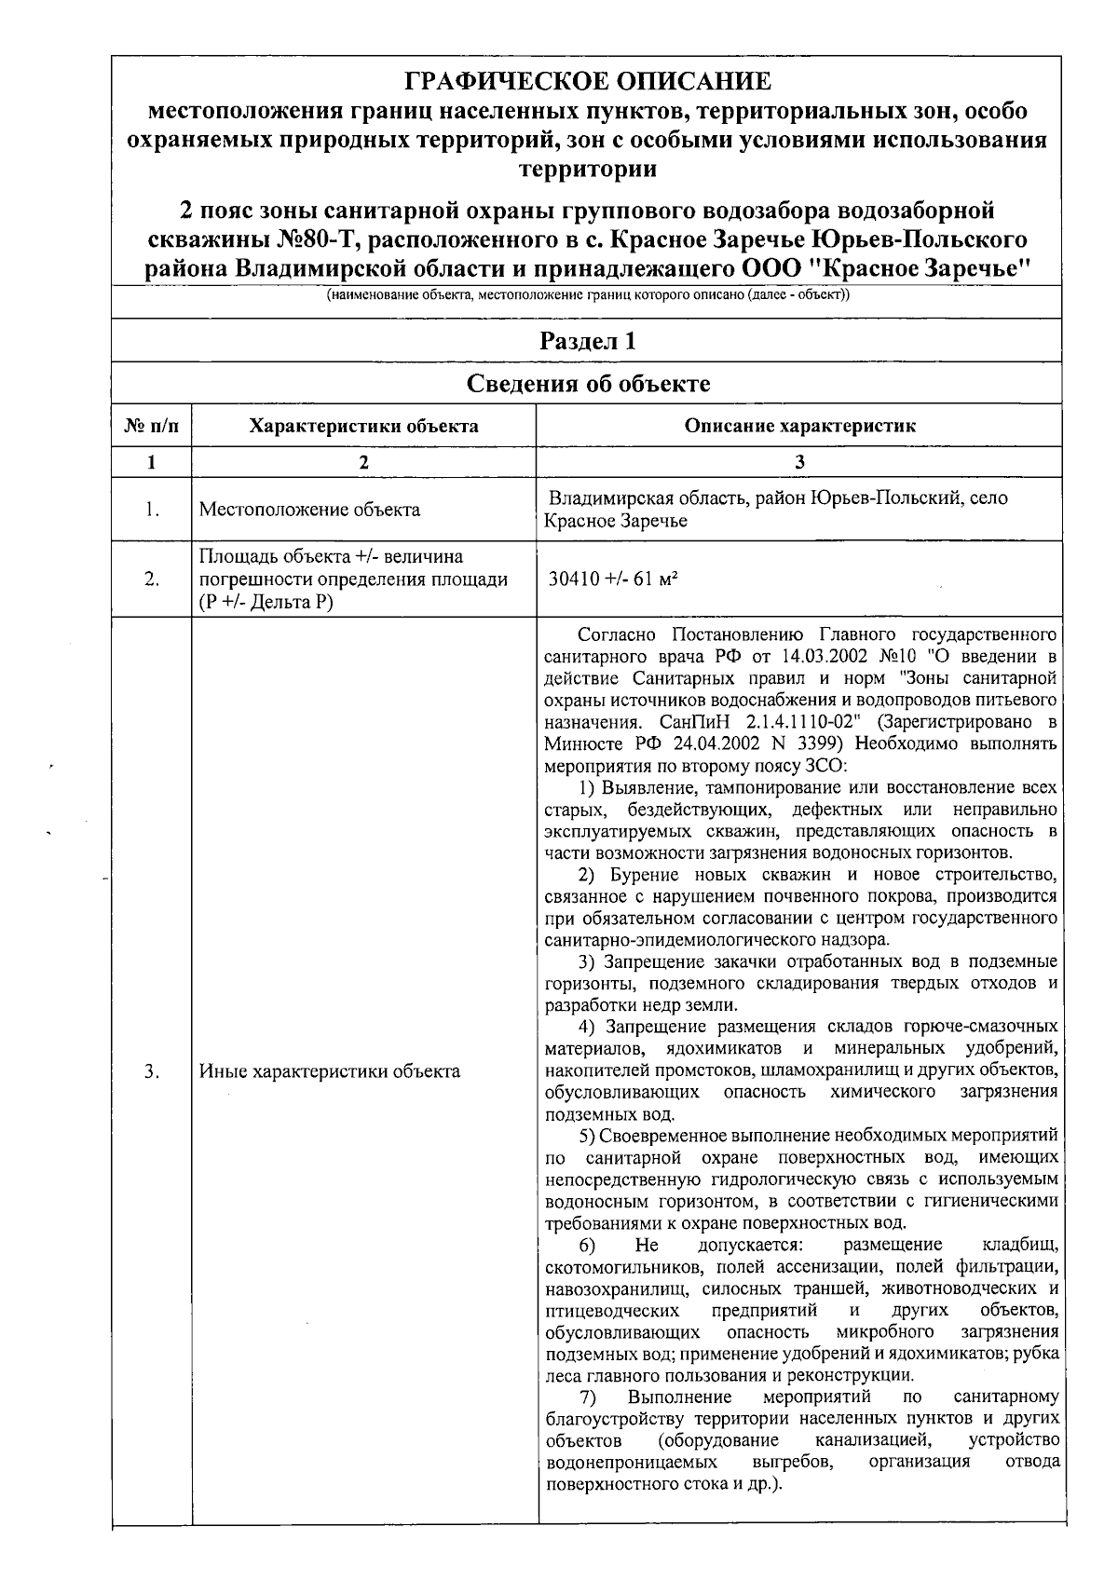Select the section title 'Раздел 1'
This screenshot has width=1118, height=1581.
tap(588, 341)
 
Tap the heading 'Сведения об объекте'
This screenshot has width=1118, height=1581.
tap(588, 384)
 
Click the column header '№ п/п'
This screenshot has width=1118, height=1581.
tap(151, 427)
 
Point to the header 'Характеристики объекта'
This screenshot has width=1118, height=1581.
tap(364, 427)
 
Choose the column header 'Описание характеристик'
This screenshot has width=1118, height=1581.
tap(799, 427)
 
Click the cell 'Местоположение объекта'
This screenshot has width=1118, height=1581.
tap(309, 510)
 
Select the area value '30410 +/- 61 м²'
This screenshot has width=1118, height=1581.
tap(613, 579)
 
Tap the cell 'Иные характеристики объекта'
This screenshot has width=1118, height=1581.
tap(330, 1071)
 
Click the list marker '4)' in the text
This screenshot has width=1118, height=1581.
tap(587, 1027)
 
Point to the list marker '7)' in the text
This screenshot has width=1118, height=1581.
tap(588, 1397)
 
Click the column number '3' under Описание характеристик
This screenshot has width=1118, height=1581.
tap(799, 462)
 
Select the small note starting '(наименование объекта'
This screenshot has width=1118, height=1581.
tap(588, 295)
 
